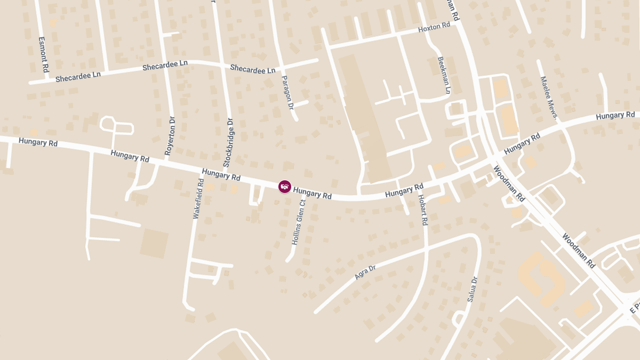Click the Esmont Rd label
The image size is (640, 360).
45,54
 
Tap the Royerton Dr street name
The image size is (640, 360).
170,135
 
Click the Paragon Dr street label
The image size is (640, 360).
288,93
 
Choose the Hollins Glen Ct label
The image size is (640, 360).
299,222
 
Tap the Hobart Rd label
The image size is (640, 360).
423,209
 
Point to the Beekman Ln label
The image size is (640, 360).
444,75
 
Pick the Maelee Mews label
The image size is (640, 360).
548,97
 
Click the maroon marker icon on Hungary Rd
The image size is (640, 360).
285,186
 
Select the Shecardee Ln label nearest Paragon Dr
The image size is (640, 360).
253,69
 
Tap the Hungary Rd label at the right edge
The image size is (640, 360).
615,115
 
